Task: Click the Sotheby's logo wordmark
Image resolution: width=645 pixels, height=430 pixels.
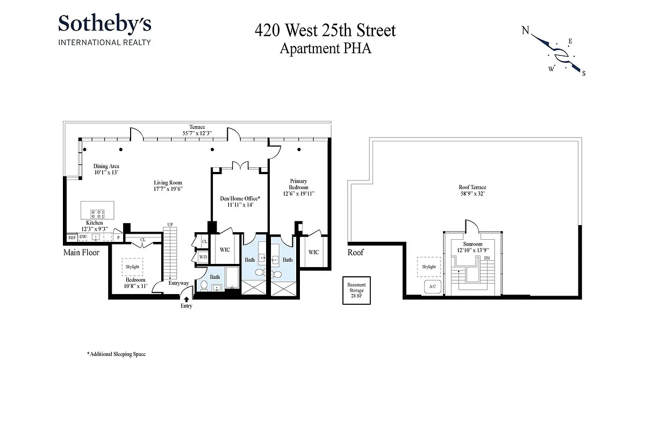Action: [104, 24]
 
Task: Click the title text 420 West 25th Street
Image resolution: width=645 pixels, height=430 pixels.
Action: [325, 30]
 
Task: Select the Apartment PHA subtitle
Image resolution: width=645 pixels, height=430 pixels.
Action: [325, 48]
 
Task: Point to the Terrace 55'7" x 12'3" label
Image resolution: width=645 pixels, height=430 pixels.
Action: [197, 130]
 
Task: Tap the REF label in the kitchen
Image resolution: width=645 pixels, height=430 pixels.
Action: [71, 237]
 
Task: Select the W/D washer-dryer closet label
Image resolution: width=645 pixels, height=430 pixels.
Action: [203, 257]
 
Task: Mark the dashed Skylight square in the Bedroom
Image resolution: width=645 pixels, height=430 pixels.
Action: [132, 267]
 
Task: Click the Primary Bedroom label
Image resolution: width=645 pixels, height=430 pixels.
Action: [298, 187]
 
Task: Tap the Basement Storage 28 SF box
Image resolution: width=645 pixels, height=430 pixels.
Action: [356, 290]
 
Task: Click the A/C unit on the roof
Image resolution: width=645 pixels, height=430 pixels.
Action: [432, 286]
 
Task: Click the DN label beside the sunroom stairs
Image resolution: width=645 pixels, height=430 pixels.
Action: [487, 259]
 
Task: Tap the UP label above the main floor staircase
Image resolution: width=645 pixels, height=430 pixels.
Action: [170, 224]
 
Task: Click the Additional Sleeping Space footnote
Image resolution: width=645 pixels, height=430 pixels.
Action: [116, 354]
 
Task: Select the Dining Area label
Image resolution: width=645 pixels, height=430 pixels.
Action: [106, 169]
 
